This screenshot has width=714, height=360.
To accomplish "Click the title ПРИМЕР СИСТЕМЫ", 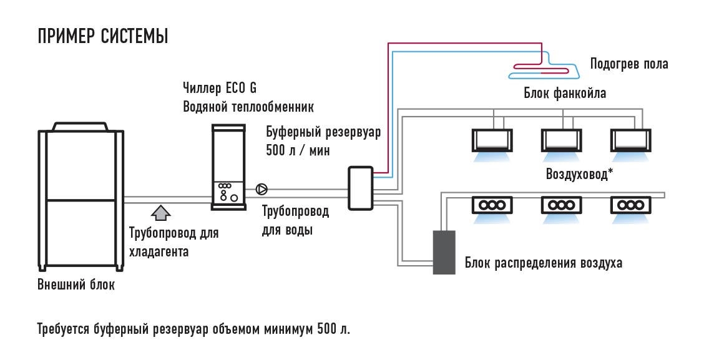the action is [x=103, y=36].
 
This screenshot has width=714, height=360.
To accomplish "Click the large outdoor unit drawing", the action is [x=81, y=196].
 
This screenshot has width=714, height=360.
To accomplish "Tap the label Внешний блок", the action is [x=76, y=285].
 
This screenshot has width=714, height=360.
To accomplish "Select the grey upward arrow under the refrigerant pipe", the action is [x=160, y=212].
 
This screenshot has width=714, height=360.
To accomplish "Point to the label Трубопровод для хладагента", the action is [x=174, y=242].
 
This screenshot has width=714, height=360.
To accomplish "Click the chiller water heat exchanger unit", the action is [x=228, y=167].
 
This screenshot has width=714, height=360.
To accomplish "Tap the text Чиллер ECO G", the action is [x=220, y=87].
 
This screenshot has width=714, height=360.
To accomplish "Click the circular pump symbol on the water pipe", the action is [x=262, y=189].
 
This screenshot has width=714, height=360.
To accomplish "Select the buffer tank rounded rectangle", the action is [x=361, y=188].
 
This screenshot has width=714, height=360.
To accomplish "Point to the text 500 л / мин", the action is [x=298, y=150].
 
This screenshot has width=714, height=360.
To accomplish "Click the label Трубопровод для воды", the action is [x=295, y=220].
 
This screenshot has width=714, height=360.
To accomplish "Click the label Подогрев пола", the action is [x=629, y=64].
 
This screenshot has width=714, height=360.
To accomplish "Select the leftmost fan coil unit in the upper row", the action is [x=492, y=140].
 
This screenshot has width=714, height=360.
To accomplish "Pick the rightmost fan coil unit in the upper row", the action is [x=630, y=140].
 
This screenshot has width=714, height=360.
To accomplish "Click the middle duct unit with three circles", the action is [x=562, y=205].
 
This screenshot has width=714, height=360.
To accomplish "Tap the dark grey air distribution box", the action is [x=444, y=252].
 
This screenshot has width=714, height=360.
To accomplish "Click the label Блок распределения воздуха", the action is [x=543, y=263].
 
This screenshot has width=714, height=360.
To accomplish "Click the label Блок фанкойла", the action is [x=565, y=94].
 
